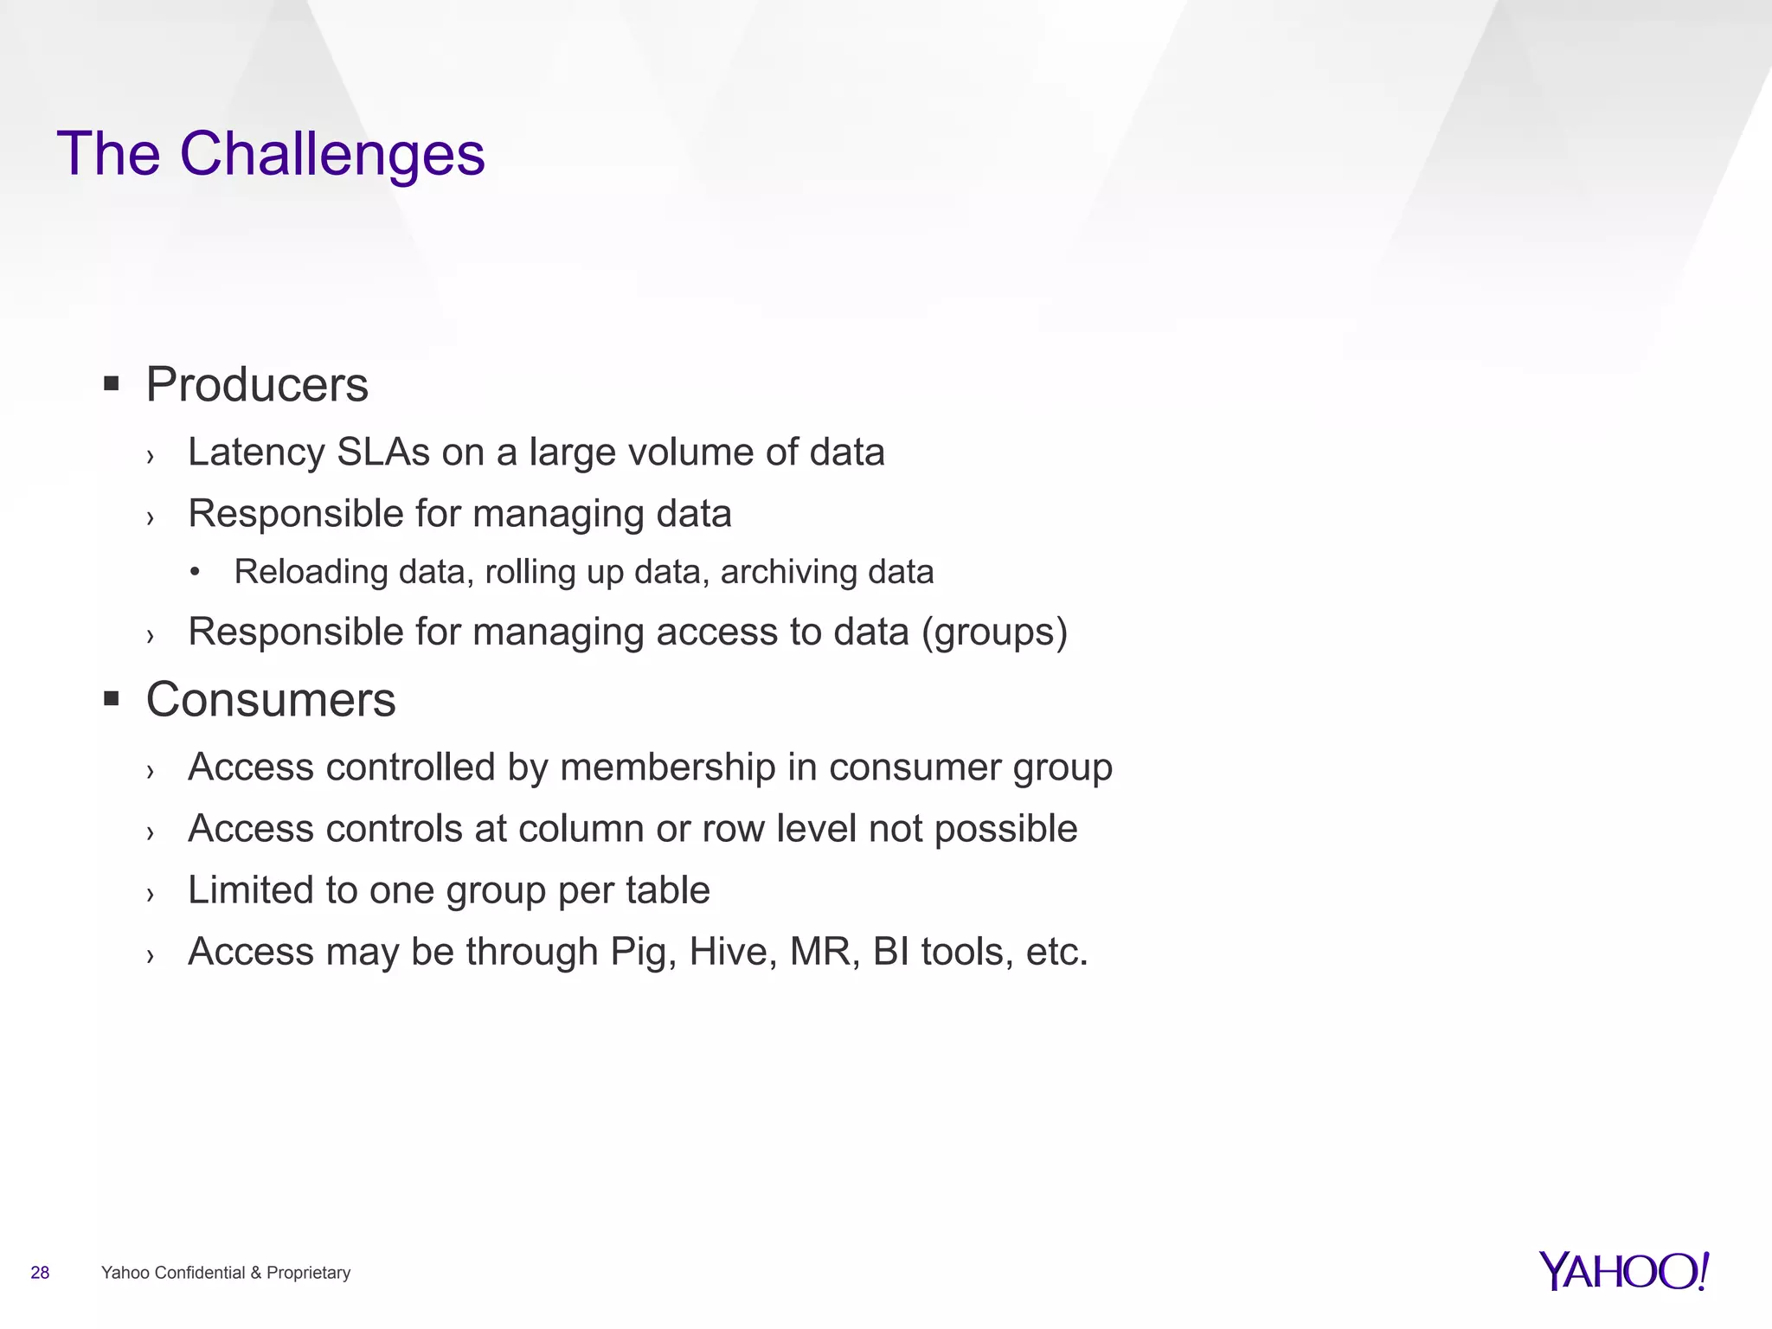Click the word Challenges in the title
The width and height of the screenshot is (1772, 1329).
point(332,154)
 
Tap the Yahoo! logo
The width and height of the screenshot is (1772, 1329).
point(1623,1271)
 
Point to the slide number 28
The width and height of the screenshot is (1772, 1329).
point(40,1273)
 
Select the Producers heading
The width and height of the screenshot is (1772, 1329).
point(257,385)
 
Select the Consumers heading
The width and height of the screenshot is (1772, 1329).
point(271,699)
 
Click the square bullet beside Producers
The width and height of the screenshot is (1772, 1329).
point(111,383)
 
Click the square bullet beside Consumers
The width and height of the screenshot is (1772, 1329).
point(111,698)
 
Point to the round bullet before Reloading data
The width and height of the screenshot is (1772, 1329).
point(196,572)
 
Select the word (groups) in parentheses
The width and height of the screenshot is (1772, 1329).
point(994,632)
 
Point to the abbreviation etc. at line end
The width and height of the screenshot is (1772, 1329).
point(1056,952)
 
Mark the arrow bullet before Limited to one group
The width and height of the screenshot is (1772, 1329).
point(151,894)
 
